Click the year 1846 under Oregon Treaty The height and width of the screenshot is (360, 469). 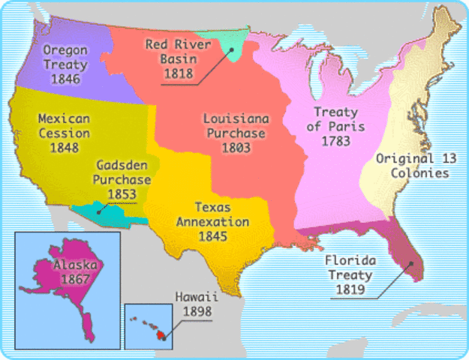pos(65,79)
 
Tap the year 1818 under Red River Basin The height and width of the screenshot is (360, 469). pos(177,73)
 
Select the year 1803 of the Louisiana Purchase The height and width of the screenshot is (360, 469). pos(233,148)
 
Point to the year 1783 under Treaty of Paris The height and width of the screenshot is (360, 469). pos(336,140)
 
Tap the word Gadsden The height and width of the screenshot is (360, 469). pos(119,166)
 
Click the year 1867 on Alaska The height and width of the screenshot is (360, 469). pos(72,279)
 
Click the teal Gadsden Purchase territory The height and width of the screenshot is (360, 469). pos(113,214)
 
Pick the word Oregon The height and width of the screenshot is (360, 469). pos(65,50)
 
